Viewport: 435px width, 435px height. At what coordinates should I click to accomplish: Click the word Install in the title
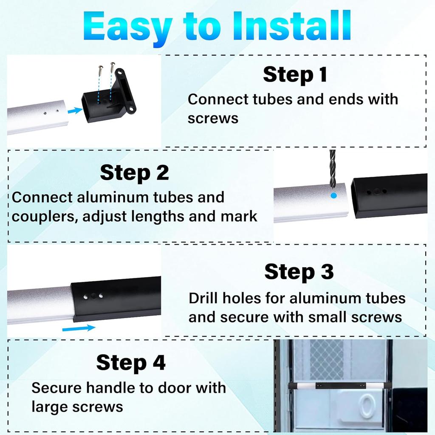[x=291, y=26]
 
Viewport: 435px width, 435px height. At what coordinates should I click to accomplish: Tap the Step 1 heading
[x=295, y=74]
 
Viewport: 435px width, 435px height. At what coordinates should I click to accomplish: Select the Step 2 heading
[x=134, y=172]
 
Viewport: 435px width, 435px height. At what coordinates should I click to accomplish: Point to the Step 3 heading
[x=299, y=271]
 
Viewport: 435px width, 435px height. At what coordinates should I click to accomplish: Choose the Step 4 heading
[x=131, y=362]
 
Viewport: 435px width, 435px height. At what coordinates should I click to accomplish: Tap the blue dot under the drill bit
[x=334, y=195]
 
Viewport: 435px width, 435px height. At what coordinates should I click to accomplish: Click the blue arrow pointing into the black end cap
[x=75, y=111]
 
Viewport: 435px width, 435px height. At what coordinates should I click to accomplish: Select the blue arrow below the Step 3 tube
[x=79, y=328]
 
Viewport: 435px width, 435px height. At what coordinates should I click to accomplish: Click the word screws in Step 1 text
[x=213, y=119]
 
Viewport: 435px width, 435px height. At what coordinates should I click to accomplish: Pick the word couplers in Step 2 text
[x=45, y=217]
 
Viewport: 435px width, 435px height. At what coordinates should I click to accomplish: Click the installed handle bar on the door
[x=339, y=386]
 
